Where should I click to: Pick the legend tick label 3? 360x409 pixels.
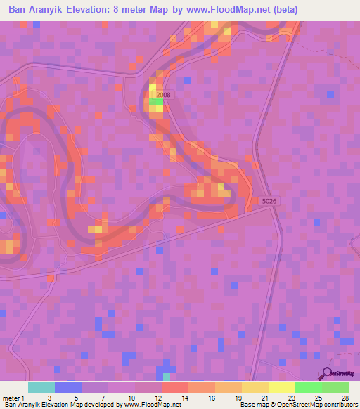49,398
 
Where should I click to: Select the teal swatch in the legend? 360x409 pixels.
41,387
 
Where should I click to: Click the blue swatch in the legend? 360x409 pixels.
68,387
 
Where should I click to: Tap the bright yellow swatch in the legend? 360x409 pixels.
282,387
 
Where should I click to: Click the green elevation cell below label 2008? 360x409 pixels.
155,103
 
